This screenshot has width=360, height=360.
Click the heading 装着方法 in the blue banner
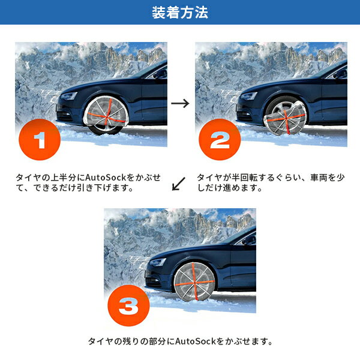tap(180, 12)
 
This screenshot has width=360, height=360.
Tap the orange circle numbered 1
tap(40, 139)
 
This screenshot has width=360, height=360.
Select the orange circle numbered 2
tap(220, 139)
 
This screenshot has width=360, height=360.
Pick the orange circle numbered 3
tap(128, 305)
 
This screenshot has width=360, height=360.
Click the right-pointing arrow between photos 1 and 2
tap(180, 103)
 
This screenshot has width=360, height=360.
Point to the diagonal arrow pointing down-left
tap(178, 184)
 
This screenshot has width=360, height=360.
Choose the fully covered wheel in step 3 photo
tap(194, 282)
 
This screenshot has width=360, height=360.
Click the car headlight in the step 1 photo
tap(69, 95)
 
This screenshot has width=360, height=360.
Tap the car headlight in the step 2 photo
tap(249, 95)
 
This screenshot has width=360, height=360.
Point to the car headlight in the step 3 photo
tap(158, 262)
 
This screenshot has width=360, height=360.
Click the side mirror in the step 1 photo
tap(160, 74)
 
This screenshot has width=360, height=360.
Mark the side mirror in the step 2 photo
tap(340, 74)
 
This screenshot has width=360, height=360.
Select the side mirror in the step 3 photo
tap(249, 240)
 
